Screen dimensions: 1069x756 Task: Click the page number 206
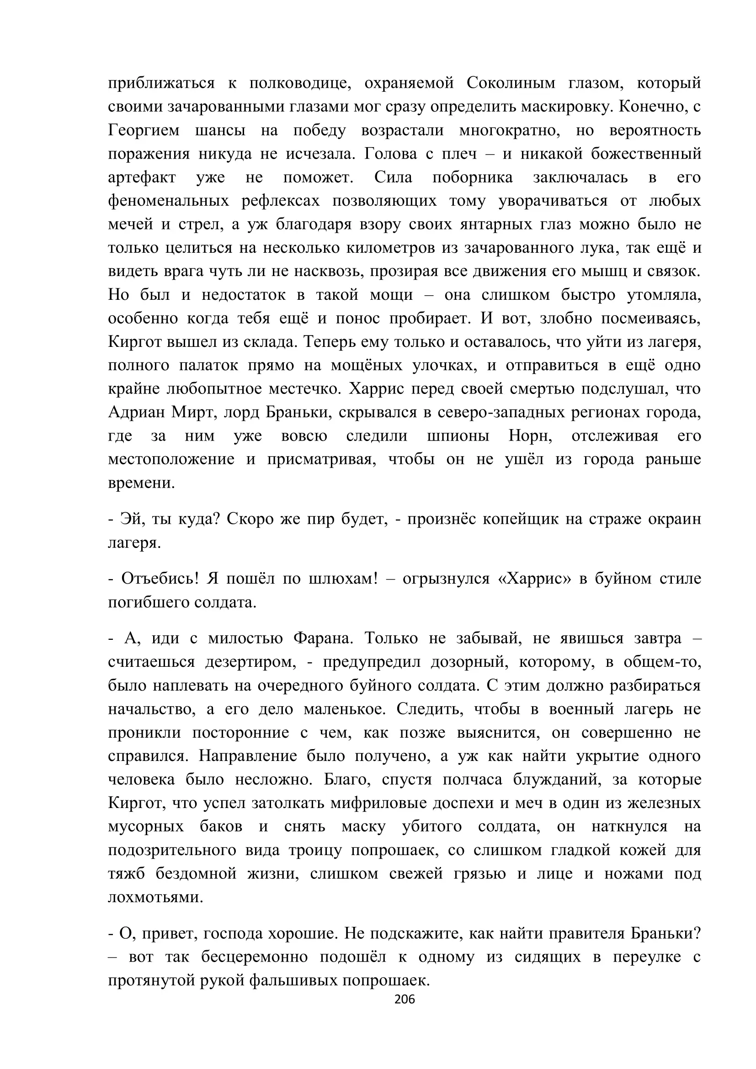point(404,999)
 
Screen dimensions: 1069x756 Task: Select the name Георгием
point(144,130)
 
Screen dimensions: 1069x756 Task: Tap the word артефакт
point(142,177)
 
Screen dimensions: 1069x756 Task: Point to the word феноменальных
point(168,201)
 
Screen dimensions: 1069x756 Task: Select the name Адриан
point(135,413)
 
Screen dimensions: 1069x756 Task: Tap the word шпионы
point(458,436)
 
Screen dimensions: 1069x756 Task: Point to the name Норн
point(530,436)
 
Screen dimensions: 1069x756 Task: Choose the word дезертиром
point(250,662)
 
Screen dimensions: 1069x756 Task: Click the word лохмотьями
point(155,897)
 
